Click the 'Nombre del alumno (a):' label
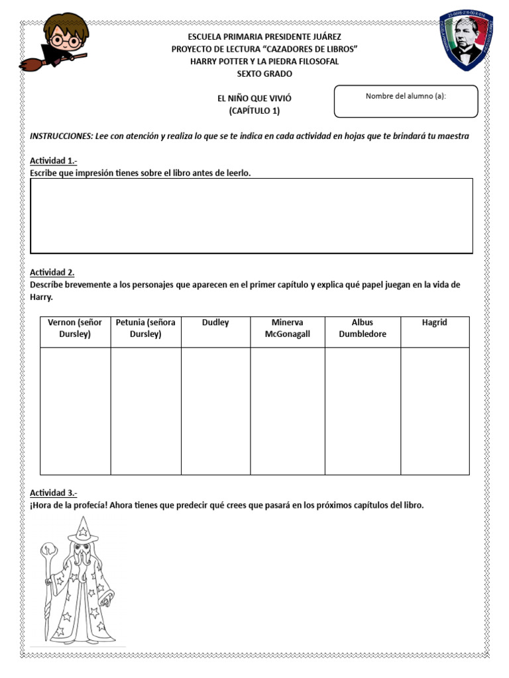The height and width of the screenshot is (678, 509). [x=406, y=96]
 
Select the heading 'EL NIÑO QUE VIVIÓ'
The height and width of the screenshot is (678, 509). [x=254, y=98]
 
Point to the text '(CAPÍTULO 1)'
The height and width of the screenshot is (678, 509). [x=254, y=111]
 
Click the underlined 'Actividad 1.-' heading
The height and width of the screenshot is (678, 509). [x=54, y=161]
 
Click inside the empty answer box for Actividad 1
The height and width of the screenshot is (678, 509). [x=251, y=215]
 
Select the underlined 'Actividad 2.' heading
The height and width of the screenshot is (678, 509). [x=52, y=272]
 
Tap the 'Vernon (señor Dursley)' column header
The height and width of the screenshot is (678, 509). [x=75, y=328]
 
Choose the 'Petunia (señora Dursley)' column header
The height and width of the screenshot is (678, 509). [x=145, y=328]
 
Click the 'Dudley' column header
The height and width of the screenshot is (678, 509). [x=215, y=322]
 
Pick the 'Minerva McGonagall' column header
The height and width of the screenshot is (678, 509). [x=287, y=328]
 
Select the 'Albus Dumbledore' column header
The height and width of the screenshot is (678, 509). [x=363, y=328]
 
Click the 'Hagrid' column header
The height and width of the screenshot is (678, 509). [x=434, y=322]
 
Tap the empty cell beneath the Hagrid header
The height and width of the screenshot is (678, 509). [x=434, y=411]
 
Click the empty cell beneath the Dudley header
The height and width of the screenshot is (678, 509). [x=215, y=411]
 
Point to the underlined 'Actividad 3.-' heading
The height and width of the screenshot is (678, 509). [x=54, y=493]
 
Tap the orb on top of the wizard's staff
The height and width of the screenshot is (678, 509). [x=48, y=550]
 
